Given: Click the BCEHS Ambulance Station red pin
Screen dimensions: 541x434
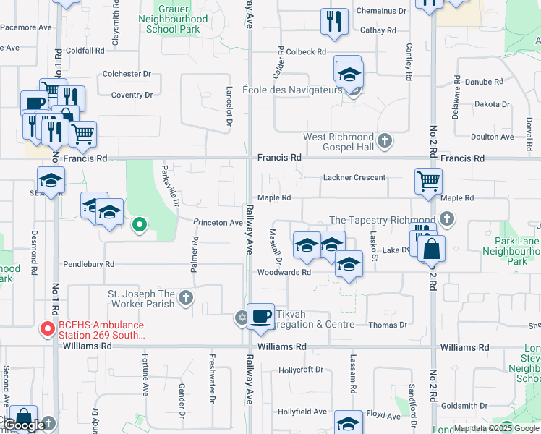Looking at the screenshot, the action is (x=48, y=329).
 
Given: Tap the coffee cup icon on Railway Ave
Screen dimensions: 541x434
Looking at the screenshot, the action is (x=261, y=316).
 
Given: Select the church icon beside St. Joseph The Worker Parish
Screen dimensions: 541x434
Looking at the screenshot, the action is (x=186, y=297).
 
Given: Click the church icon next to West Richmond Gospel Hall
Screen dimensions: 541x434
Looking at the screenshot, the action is (x=385, y=140).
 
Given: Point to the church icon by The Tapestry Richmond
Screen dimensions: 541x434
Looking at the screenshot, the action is (x=447, y=218).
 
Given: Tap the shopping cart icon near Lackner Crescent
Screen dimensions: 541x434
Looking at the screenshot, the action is (x=429, y=182).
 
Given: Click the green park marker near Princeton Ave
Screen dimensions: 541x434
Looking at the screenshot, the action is (x=139, y=226).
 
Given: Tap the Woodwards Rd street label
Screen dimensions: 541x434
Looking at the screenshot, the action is (x=284, y=273).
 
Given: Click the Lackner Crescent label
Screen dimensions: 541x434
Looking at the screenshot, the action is (x=354, y=177).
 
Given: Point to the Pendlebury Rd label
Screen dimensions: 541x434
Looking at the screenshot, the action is (x=89, y=264).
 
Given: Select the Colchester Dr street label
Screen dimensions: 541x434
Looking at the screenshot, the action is (x=127, y=74).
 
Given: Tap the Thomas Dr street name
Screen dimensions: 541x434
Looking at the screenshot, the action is (x=388, y=325).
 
